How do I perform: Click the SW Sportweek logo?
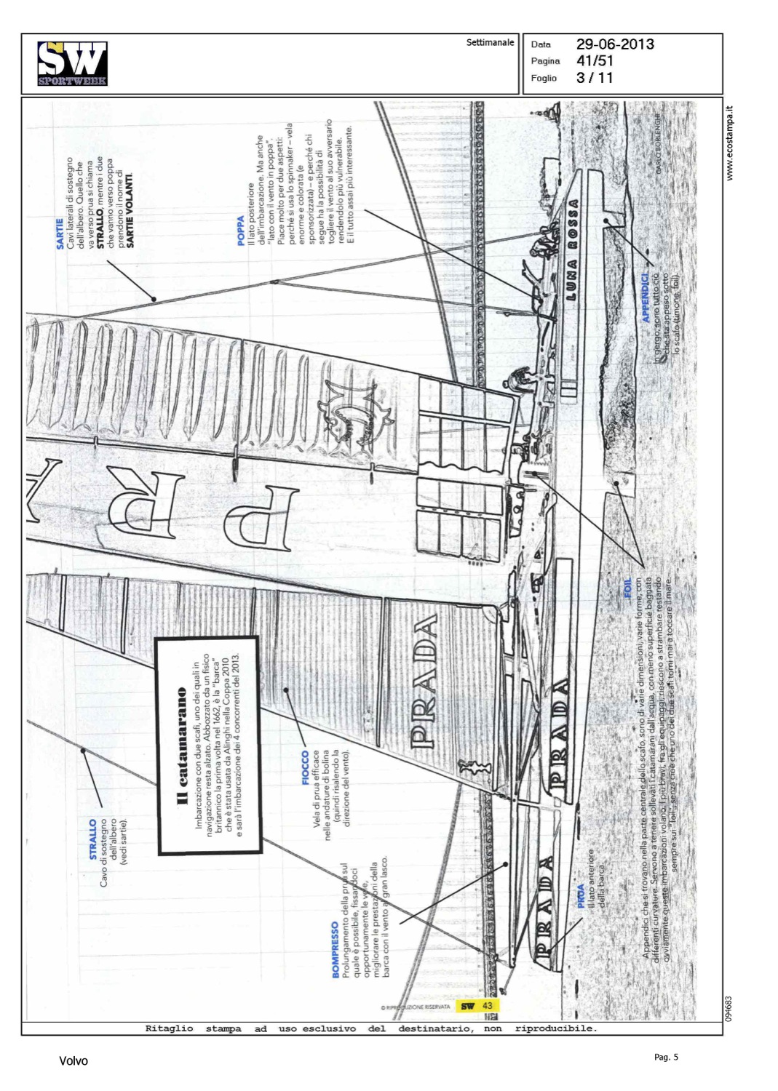72,63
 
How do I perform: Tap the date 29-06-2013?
615,44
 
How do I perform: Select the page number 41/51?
595,61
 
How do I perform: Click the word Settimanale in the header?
490,43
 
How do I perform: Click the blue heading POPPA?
241,231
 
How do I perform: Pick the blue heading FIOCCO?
306,767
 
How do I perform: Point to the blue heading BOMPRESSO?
336,949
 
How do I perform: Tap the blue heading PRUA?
581,895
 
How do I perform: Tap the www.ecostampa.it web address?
730,143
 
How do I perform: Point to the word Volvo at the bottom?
74,1061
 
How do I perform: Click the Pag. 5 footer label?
666,1057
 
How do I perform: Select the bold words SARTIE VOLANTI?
130,209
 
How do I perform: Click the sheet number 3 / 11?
595,78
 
